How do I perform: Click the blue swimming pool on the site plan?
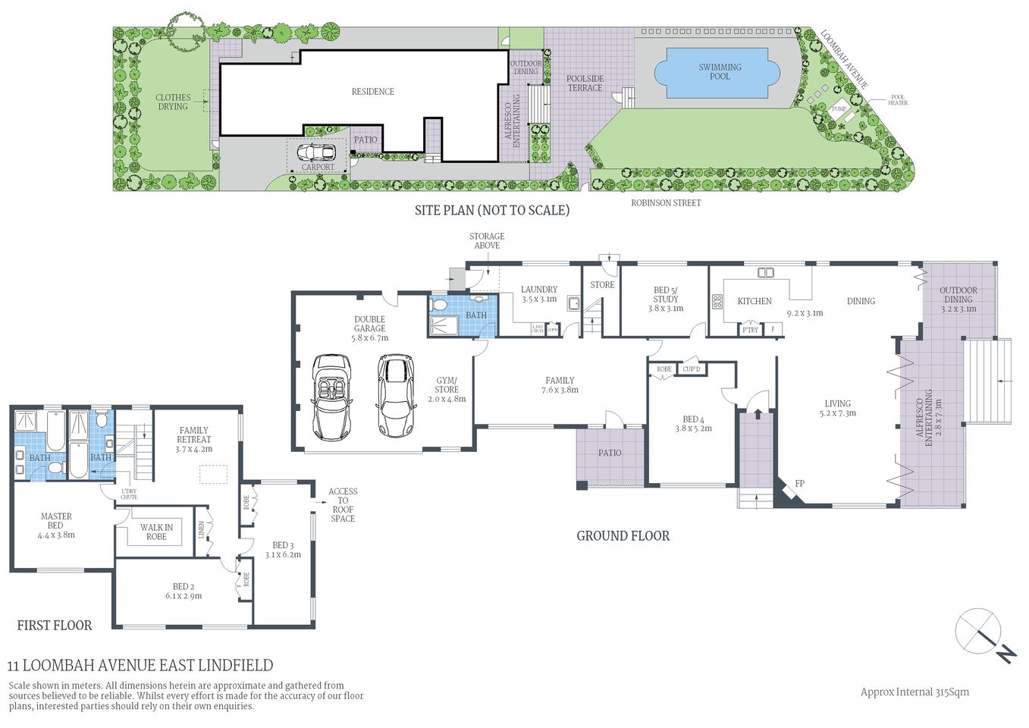[717, 72]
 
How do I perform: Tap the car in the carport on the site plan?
[316, 152]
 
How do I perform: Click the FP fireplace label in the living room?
[799, 484]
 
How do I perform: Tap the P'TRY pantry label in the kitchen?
[750, 330]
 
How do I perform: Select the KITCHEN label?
[754, 301]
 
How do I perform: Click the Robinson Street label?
[666, 203]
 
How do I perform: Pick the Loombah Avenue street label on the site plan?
[843, 59]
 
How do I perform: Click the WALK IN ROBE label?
[156, 532]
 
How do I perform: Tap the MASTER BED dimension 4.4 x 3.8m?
[56, 535]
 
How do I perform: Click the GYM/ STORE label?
[446, 385]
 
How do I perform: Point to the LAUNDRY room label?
[539, 289]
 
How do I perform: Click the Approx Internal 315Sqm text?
[914, 692]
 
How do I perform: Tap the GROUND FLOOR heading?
[623, 536]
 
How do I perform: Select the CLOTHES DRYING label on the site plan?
[173, 102]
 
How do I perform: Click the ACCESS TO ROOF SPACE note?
[343, 505]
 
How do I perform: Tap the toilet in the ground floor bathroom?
[438, 305]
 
